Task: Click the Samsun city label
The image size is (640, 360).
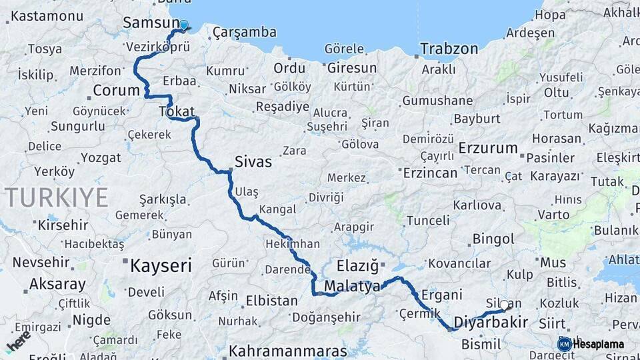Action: (147, 23)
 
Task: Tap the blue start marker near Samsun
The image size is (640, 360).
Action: (184, 25)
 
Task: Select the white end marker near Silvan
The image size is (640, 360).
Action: (505, 305)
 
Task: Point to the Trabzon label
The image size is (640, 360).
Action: (449, 49)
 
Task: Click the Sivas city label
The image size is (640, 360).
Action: (253, 161)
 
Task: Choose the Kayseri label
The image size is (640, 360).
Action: (161, 266)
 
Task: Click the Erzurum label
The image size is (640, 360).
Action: (489, 147)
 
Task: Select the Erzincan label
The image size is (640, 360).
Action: (431, 173)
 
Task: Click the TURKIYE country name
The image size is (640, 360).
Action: (56, 197)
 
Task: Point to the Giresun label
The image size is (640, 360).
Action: (351, 68)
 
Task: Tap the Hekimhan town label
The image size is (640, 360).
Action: (292, 244)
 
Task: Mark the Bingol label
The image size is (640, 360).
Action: (493, 239)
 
